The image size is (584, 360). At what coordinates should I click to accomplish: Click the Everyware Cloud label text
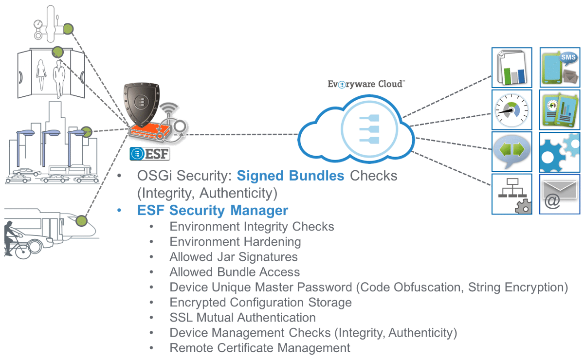[x=365, y=84]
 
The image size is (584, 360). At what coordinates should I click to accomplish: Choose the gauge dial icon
[x=511, y=109]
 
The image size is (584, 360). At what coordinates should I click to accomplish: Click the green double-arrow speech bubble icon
[x=511, y=151]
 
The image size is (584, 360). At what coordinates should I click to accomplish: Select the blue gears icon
[x=560, y=151]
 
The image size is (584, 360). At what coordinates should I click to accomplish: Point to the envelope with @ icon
[x=560, y=194]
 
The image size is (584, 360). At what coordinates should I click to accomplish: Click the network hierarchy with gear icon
[x=511, y=194]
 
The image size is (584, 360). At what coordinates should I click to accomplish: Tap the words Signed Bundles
[x=291, y=176]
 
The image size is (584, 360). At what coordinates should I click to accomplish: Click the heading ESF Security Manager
[x=213, y=211]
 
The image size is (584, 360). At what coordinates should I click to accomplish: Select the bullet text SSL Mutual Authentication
[x=242, y=318]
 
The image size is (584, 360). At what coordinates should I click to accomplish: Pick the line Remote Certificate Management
[x=260, y=348]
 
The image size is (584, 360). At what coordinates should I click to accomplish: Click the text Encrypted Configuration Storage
[x=260, y=303]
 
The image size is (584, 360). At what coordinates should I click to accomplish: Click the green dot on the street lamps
[x=87, y=131]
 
